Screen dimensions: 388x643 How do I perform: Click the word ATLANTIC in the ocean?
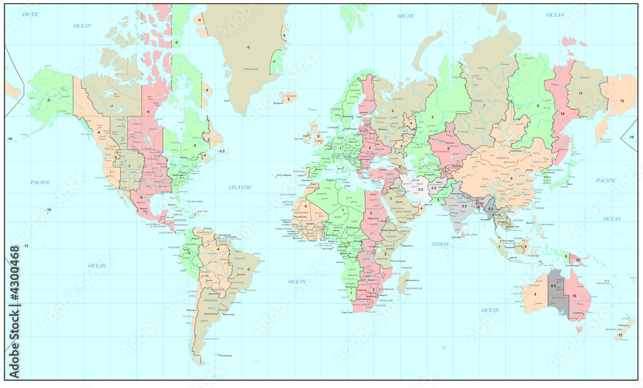click(x=239, y=187)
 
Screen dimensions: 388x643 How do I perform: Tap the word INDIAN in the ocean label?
click(x=440, y=244)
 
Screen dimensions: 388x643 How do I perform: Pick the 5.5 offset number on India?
click(x=464, y=205)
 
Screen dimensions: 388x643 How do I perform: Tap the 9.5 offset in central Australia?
click(x=554, y=285)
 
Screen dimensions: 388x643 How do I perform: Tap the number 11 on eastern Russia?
click(x=579, y=93)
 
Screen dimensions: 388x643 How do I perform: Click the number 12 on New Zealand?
click(x=620, y=335)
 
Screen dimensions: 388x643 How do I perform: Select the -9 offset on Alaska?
click(x=48, y=100)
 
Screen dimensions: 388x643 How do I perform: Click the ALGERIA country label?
click(x=322, y=194)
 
